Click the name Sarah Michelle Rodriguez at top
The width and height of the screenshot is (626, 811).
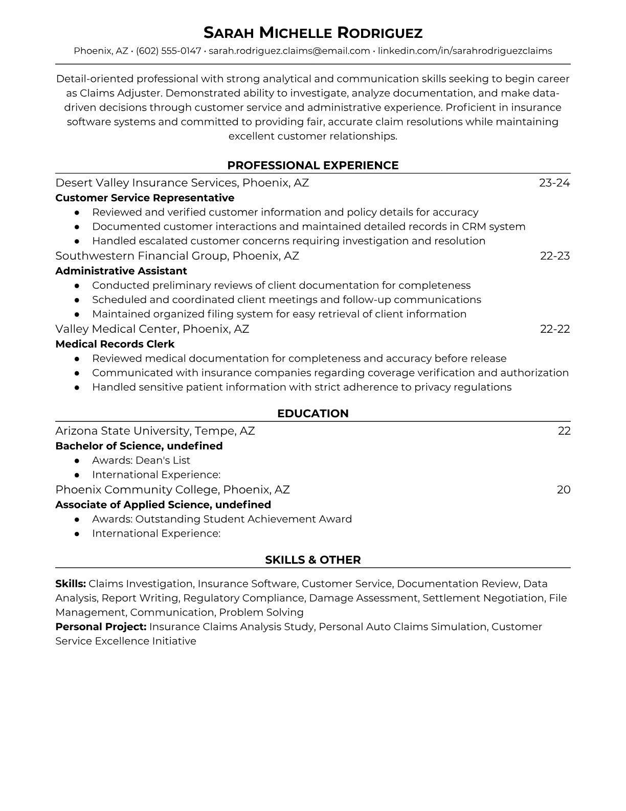[x=313, y=33]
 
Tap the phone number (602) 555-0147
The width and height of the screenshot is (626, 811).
[x=168, y=51]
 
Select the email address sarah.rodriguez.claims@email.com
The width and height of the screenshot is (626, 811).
[x=289, y=51]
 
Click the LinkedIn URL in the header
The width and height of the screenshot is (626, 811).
[x=465, y=51]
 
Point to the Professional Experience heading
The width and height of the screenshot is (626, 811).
[x=313, y=165]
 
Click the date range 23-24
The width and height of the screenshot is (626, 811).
[x=554, y=183]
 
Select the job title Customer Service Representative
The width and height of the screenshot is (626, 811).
[x=145, y=198]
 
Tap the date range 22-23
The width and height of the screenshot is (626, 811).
[x=555, y=256]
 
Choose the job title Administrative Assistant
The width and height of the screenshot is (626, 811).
[x=121, y=271]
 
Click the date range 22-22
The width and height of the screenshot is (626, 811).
[x=555, y=329]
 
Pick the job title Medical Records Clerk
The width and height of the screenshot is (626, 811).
[x=115, y=344]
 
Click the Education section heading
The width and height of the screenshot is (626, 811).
[x=313, y=414]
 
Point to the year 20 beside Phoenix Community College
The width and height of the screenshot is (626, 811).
[x=564, y=490]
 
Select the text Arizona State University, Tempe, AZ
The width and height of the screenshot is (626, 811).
[x=155, y=431]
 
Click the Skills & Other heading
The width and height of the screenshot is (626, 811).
[x=313, y=560]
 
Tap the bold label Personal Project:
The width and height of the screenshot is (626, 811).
[x=101, y=627]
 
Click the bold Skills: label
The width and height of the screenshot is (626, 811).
[x=71, y=584]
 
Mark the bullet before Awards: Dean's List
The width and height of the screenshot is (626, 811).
[x=77, y=460]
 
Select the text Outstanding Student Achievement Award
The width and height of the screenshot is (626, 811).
[x=243, y=519]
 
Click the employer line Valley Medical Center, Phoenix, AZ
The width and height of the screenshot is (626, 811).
[x=152, y=329]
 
